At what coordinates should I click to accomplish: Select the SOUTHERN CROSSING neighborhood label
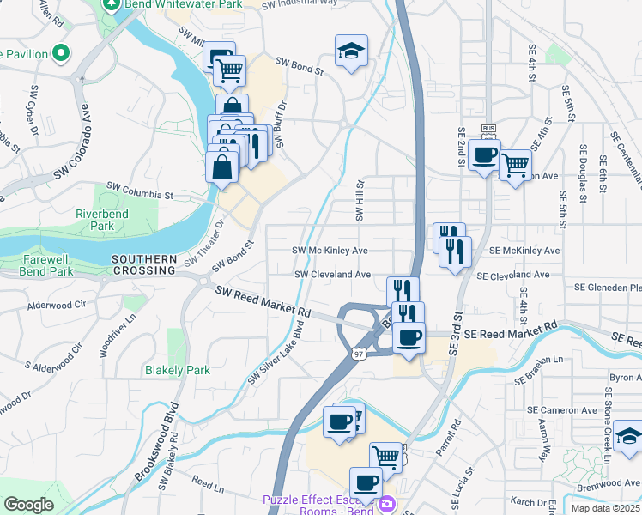pyautogui.click(x=143, y=264)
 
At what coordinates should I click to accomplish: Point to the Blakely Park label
pyautogui.click(x=177, y=370)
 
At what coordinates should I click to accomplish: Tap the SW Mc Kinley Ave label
pyautogui.click(x=330, y=251)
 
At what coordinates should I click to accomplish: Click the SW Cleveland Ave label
pyautogui.click(x=333, y=275)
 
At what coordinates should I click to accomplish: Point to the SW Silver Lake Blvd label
pyautogui.click(x=276, y=353)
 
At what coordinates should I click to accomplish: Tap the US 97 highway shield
pyautogui.click(x=360, y=353)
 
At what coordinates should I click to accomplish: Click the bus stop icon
pyautogui.click(x=488, y=129)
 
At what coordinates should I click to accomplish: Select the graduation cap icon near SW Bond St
pyautogui.click(x=351, y=51)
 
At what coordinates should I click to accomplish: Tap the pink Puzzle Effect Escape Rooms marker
pyautogui.click(x=386, y=502)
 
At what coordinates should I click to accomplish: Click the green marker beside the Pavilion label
pyautogui.click(x=60, y=54)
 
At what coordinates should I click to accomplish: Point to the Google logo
pyautogui.click(x=28, y=504)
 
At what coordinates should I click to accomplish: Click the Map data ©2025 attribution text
pyautogui.click(x=606, y=508)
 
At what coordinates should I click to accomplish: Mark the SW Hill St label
pyautogui.click(x=360, y=199)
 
